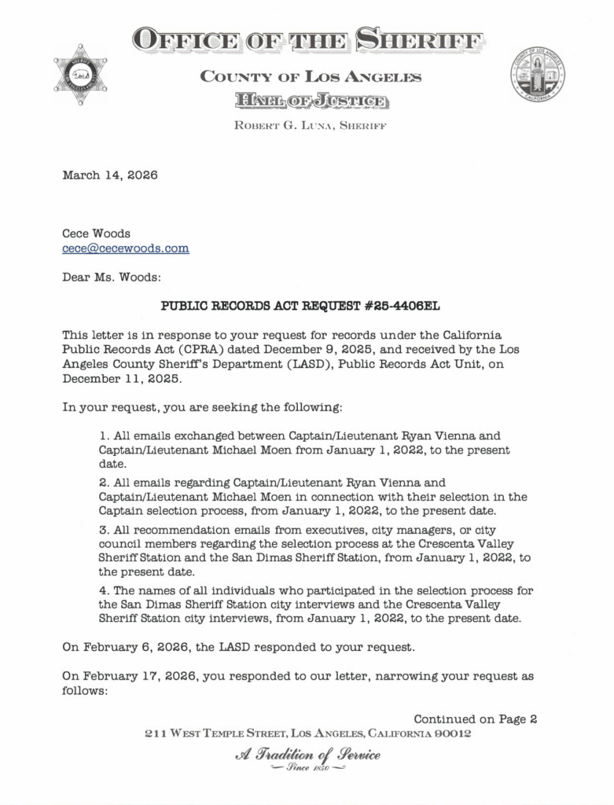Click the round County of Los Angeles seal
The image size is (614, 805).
538,74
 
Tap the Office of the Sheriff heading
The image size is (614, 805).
307,38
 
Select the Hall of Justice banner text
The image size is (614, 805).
308,101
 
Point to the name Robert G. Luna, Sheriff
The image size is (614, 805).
307,126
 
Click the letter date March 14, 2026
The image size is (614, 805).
109,175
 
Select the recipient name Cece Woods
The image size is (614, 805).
97,233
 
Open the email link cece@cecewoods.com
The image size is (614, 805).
126,248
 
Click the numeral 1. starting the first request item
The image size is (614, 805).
104,435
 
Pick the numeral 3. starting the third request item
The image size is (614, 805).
104,531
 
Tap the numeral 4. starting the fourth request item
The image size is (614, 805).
104,590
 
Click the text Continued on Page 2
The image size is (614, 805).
475,719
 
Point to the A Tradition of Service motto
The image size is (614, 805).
307,756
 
